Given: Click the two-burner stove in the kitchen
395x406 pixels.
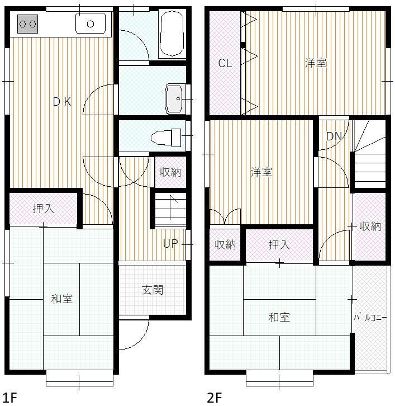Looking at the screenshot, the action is (x=28, y=24).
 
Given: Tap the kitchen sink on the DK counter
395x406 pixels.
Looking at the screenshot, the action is (x=91, y=23).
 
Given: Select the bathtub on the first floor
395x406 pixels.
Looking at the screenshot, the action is (x=172, y=33).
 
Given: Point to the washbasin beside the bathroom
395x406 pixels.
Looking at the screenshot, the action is (x=175, y=99).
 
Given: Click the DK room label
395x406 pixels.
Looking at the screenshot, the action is (x=62, y=102).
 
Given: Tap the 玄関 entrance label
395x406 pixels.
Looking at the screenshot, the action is (x=153, y=290).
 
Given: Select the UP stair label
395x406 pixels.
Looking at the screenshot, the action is (x=170, y=244).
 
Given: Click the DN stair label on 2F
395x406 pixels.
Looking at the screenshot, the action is (x=334, y=136).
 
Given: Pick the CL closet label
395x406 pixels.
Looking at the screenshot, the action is (x=225, y=63).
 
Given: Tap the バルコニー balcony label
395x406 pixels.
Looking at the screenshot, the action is (x=370, y=317).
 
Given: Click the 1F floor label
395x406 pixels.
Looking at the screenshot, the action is (x=9, y=398).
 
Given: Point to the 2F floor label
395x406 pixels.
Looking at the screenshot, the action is (x=214, y=398).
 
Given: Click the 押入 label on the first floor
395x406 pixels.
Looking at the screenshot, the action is (x=44, y=209).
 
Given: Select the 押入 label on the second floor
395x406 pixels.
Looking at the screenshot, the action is (x=279, y=245).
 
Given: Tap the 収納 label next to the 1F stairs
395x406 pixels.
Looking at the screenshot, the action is (x=170, y=172).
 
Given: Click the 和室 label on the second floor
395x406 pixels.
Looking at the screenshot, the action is (x=279, y=317).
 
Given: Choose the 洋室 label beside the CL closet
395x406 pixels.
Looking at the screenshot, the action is (x=316, y=63).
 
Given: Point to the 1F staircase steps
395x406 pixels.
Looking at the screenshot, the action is (x=170, y=210).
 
